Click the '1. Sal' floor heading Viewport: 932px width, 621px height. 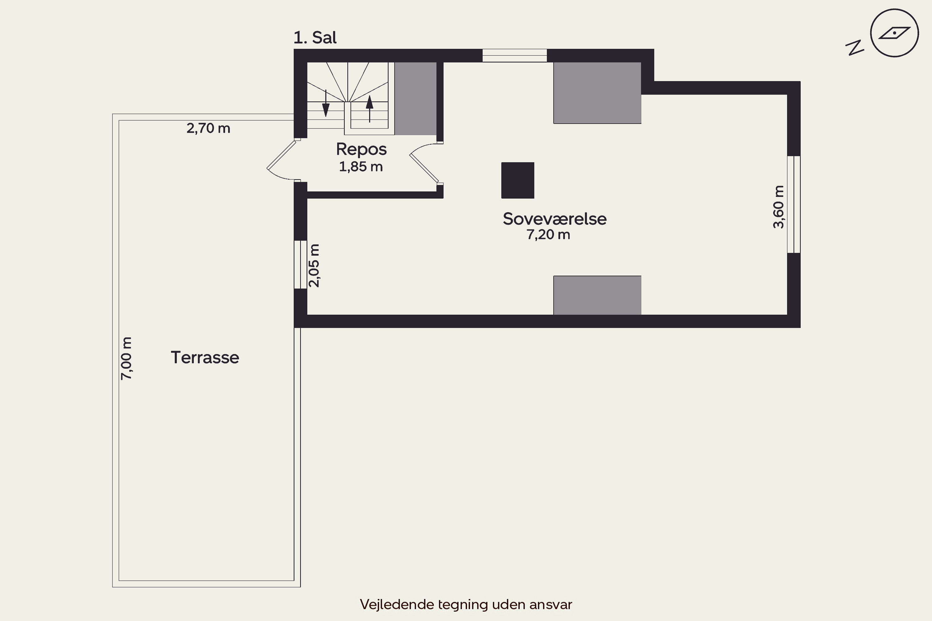coord(315,38)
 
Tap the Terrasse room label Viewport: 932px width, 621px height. coord(205,358)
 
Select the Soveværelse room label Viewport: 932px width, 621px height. coord(554,219)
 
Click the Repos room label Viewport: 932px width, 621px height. coord(361,150)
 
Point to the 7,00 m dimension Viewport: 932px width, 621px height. coord(126,358)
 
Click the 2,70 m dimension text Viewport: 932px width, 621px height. coord(208,128)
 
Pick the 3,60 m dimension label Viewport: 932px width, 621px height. coord(779,207)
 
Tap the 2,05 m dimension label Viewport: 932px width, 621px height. coord(314,265)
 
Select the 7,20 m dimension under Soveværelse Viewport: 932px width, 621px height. coord(548,235)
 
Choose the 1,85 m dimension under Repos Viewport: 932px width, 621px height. coord(361,167)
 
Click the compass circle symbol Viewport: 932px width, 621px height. coord(894,33)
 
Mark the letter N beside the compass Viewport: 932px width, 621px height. coord(855,48)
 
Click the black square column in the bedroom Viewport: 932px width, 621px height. coord(518,180)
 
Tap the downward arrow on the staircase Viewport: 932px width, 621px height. coord(326,103)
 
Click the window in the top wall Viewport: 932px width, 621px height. coord(514,56)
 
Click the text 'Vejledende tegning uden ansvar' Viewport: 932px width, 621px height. coord(466,604)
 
